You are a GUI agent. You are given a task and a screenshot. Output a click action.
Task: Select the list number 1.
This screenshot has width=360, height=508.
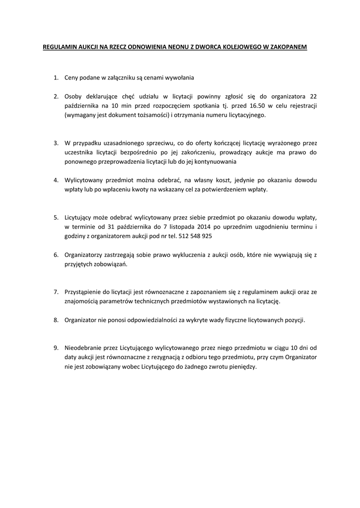point(56,77)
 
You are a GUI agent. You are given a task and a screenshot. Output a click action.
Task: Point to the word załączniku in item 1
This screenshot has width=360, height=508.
point(116,77)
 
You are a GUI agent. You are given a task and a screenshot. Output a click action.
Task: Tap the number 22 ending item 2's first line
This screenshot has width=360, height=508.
point(313,96)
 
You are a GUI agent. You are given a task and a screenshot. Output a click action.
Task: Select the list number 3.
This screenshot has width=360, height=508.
point(56,143)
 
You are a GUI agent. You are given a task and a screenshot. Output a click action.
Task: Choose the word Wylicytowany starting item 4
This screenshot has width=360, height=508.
point(84,180)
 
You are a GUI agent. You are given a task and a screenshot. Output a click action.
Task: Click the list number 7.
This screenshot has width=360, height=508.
point(56,292)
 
